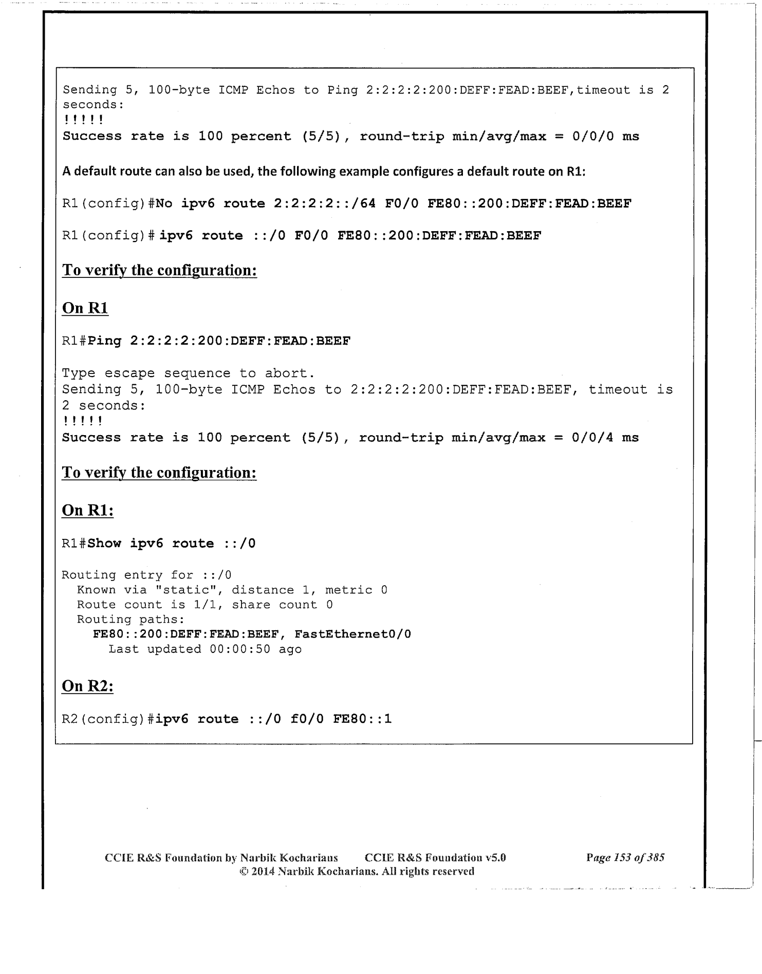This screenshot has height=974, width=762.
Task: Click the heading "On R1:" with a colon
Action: click(x=87, y=510)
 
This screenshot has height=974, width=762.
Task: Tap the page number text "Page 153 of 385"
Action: click(x=625, y=857)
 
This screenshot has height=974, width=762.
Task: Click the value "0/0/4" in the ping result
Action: click(x=592, y=438)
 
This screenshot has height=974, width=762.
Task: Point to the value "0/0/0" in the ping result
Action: click(x=593, y=137)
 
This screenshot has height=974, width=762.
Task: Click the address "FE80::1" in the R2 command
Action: click(x=362, y=719)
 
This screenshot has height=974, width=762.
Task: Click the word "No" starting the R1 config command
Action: click(x=164, y=204)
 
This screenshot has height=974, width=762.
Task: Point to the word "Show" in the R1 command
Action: click(x=104, y=544)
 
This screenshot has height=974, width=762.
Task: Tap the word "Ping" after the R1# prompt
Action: click(x=104, y=341)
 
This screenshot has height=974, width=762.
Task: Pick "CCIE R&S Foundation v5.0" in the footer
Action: click(x=435, y=857)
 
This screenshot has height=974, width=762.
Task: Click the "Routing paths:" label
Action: click(x=131, y=620)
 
